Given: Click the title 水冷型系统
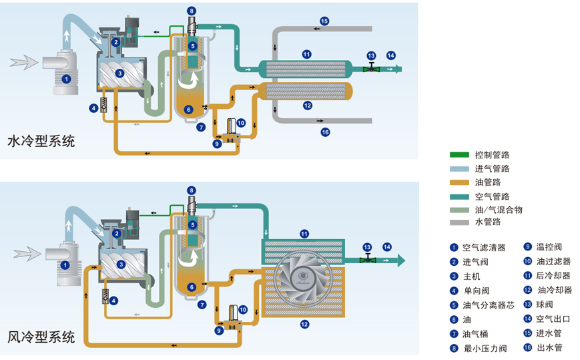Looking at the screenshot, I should point(41,142).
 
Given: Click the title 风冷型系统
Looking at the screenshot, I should point(41,337).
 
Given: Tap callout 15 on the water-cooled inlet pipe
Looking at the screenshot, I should point(324,21).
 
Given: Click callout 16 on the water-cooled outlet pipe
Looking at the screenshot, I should point(325,132).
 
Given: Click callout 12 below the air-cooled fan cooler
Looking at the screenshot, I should point(304,325).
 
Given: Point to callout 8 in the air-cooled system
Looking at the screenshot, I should point(192,190).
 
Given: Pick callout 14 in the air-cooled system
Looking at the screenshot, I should point(387,247).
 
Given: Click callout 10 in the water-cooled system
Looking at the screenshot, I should point(242,122).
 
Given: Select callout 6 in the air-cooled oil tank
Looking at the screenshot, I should point(192,287).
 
